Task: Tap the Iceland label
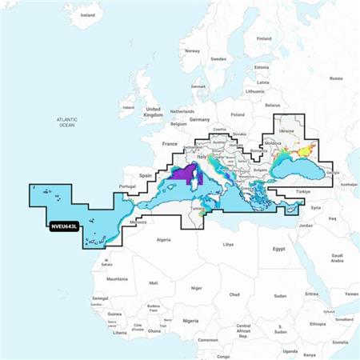point(88,15)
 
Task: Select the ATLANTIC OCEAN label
point(66,122)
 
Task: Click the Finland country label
point(264,38)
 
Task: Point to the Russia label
point(336,78)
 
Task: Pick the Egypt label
point(279,248)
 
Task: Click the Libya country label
point(228,243)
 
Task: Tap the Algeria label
point(163,239)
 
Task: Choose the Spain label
point(146,174)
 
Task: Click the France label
point(170,143)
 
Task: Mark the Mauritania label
point(118,278)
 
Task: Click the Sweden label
point(218,58)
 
